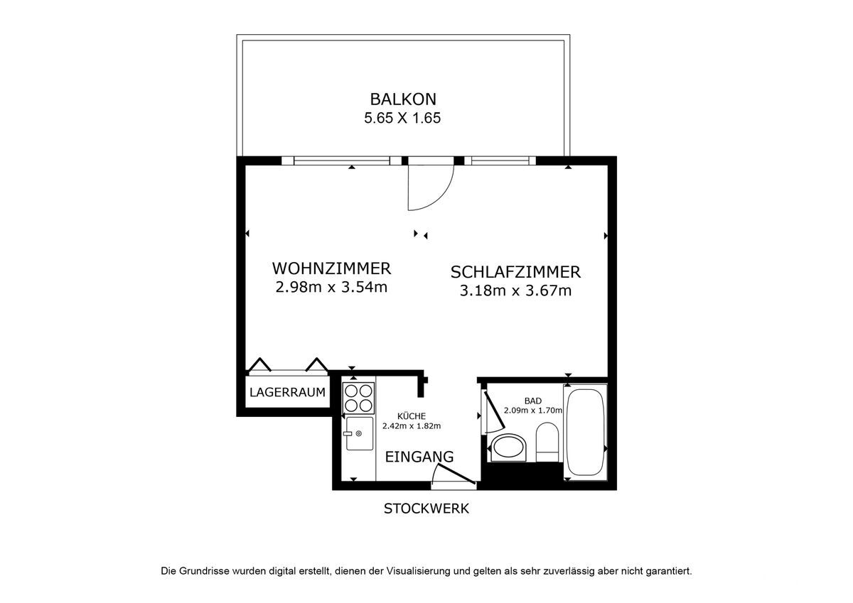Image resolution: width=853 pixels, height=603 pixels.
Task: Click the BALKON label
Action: coord(403,99)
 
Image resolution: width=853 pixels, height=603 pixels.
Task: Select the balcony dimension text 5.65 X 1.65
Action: coord(402,118)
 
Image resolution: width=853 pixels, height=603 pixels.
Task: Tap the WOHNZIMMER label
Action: coord(331,268)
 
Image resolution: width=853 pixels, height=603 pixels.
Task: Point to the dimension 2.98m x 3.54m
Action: coord(331,287)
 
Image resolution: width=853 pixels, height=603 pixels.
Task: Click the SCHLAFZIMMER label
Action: coord(515,273)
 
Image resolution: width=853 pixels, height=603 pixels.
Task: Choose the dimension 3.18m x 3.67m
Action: coord(515,291)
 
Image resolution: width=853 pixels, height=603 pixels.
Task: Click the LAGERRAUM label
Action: coord(287,392)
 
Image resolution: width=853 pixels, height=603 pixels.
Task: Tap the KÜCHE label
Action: coord(412,416)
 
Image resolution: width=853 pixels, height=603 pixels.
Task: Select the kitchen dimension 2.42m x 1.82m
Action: coord(412,426)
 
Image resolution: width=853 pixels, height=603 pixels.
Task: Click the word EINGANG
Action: coord(419,457)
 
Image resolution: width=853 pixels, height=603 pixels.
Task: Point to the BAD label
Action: coord(532,401)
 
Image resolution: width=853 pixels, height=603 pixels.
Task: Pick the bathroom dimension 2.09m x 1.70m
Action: coord(532,411)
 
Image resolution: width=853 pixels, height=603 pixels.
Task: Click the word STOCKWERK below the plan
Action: coord(426,509)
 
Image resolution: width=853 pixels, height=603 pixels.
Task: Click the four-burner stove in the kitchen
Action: coord(358,398)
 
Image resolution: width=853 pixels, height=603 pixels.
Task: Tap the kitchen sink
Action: coord(360,433)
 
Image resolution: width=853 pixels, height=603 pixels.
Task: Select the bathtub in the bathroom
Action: coord(585,432)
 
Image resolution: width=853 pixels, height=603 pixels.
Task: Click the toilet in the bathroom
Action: coord(547,442)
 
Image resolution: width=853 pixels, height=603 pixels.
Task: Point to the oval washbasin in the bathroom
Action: coord(509,448)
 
